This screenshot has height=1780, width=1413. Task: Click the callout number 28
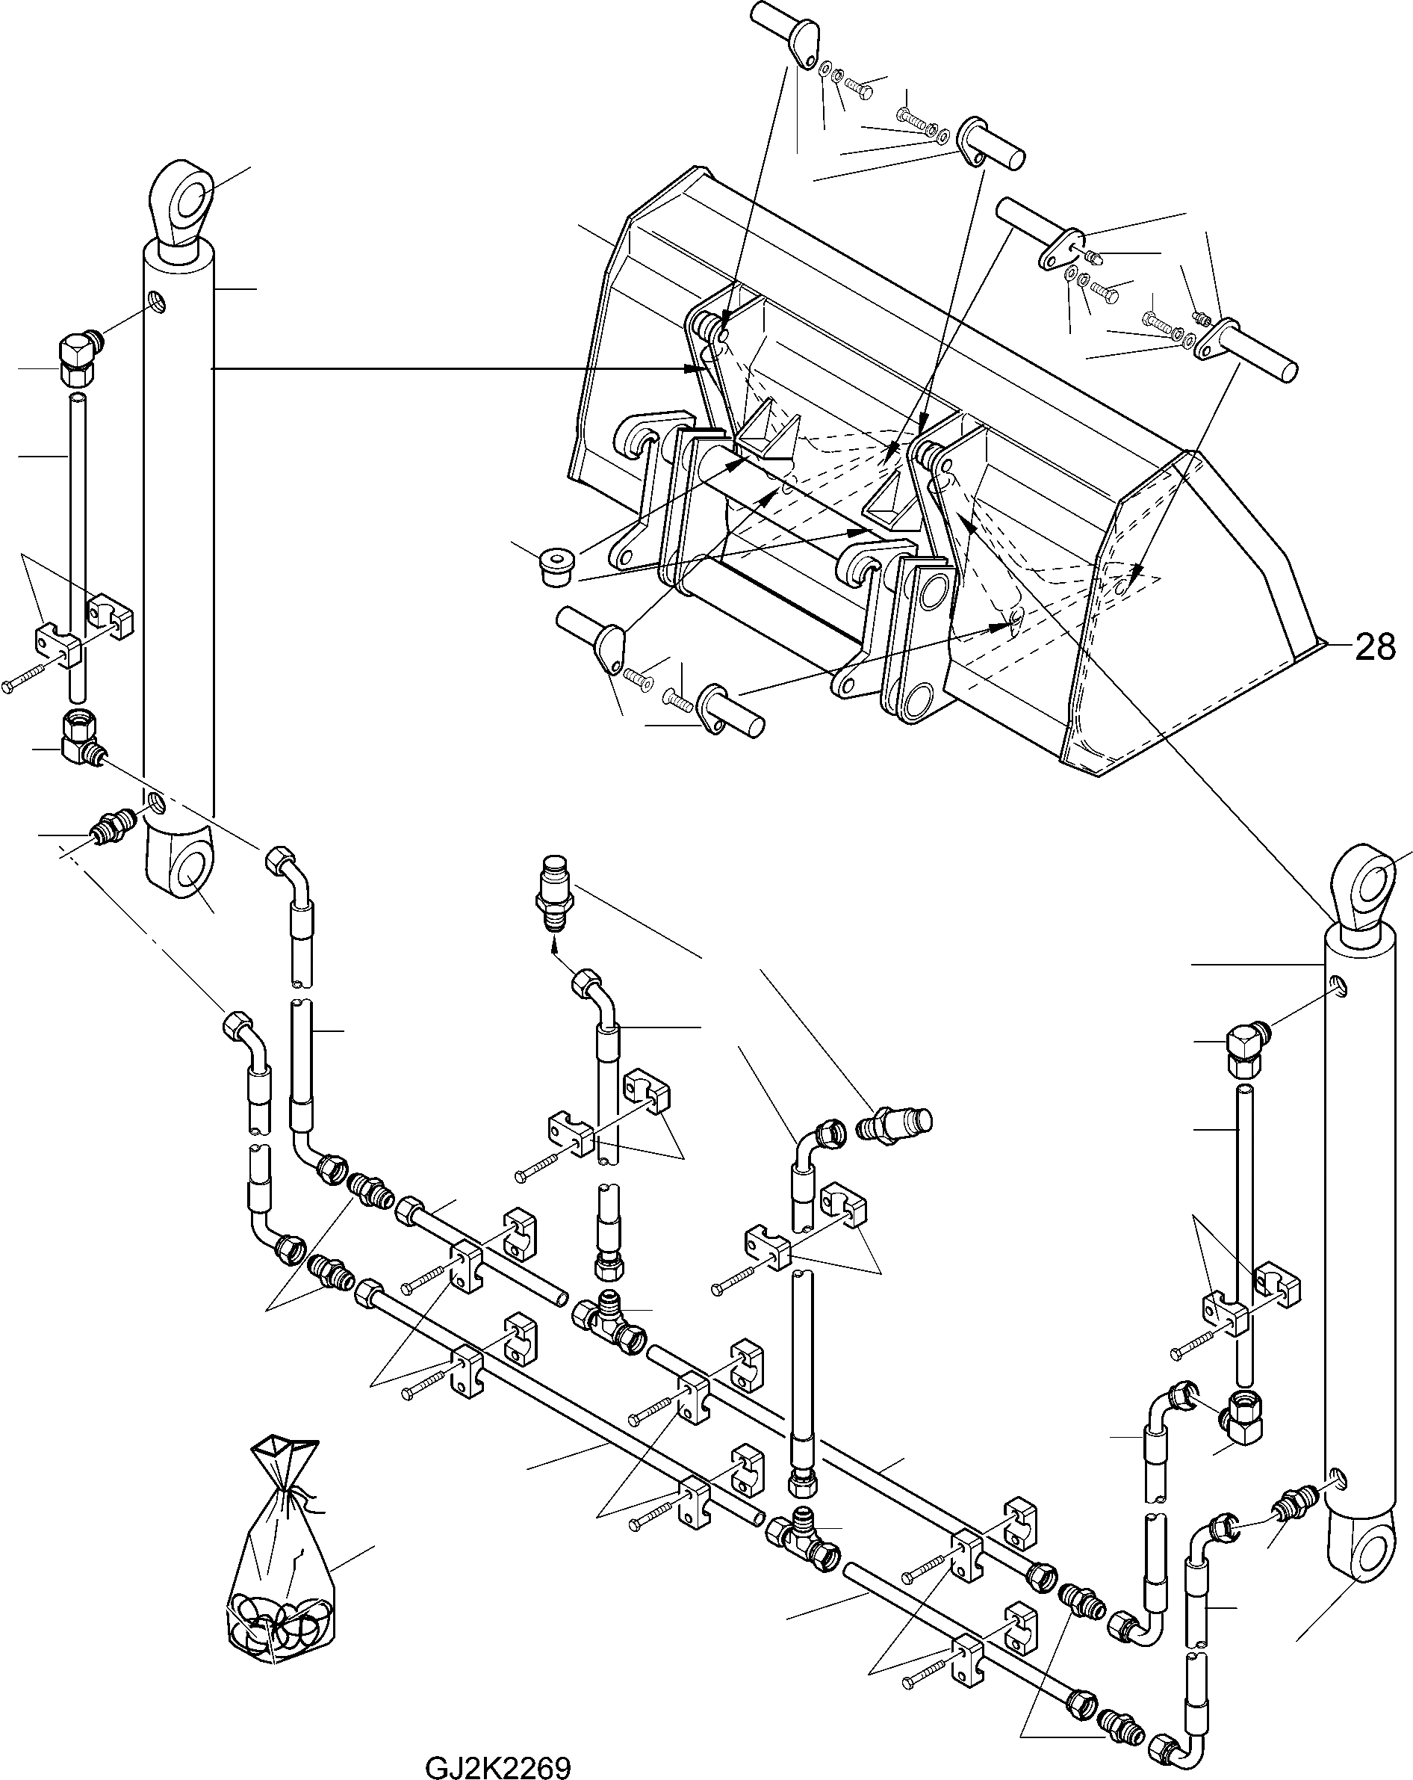tap(1373, 647)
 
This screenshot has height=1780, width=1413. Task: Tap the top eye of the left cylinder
tap(181, 202)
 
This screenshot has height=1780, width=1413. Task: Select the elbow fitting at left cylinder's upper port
tap(78, 359)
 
